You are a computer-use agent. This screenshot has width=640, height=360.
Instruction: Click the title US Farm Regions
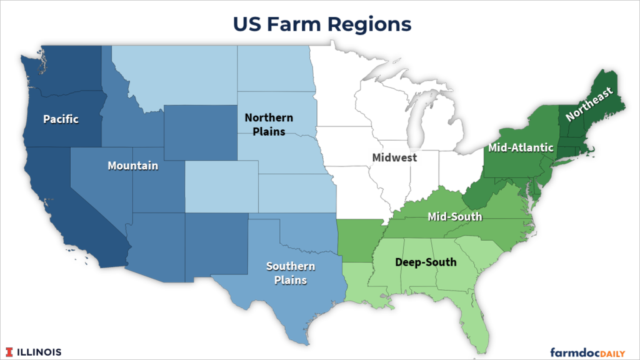point(322,24)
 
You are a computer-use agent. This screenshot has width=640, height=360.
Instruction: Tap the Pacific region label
point(61,119)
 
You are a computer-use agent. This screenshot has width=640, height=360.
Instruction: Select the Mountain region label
point(132,166)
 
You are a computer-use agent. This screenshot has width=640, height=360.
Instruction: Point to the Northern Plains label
point(269,124)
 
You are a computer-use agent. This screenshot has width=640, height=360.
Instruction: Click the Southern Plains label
point(291,273)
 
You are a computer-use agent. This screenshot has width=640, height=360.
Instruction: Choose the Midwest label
point(394,157)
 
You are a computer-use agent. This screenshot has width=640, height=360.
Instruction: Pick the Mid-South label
point(454,217)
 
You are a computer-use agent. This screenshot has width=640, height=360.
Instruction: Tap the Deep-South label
point(426,262)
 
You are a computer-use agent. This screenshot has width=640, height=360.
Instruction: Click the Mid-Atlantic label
point(521,147)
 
